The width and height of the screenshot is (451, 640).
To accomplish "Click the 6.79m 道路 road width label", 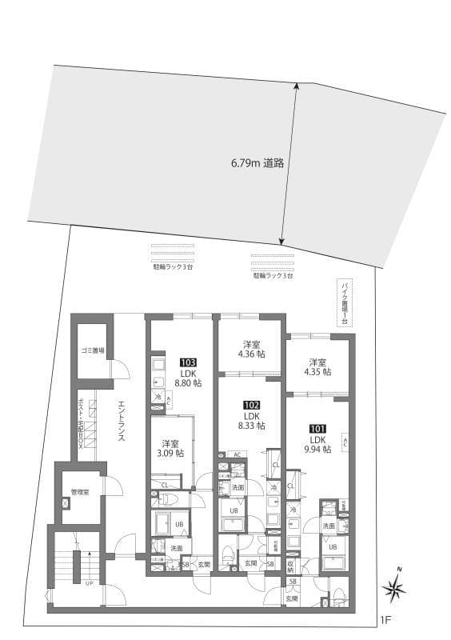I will (257, 162).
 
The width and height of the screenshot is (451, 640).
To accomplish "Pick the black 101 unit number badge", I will (317, 428).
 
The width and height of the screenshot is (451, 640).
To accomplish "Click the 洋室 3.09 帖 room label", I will (170, 448).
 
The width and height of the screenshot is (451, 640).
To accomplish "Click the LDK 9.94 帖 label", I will (317, 445).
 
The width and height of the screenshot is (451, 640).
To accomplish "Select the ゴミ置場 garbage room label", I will (92, 350).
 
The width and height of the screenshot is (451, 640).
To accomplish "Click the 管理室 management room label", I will (79, 491).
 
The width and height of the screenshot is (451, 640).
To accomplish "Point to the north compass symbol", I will (394, 590).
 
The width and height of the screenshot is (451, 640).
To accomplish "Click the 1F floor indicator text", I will (385, 618).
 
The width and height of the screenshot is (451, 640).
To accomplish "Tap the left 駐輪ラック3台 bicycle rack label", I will (172, 267).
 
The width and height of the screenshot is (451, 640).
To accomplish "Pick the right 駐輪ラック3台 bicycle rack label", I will (273, 274).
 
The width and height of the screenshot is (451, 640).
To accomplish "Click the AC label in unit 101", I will (345, 441).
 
